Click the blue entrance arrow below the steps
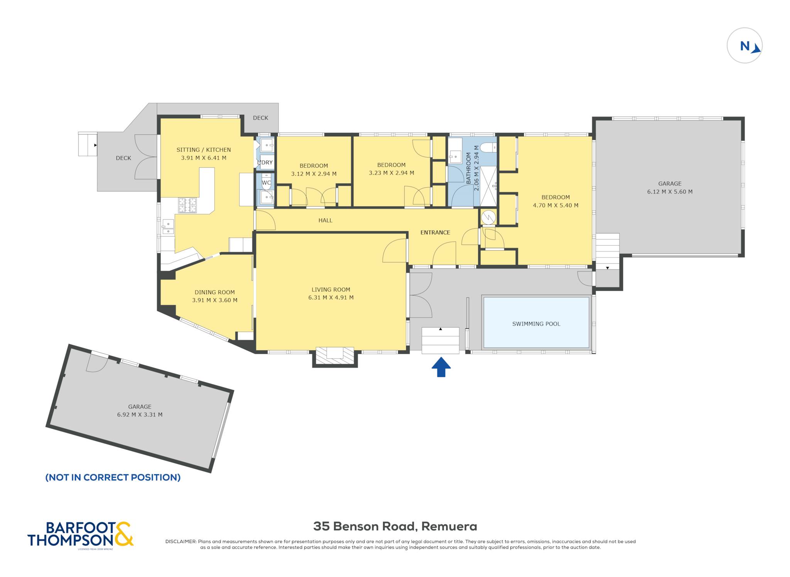point(441,367)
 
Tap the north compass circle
point(744,46)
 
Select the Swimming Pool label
point(536,324)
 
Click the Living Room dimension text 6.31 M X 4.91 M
point(331,297)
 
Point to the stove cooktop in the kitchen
point(187,205)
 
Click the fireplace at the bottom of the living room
point(335,356)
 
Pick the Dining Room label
point(214,292)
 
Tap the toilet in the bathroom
point(490,147)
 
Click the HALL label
point(325,220)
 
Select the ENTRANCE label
point(435,232)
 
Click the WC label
point(266,183)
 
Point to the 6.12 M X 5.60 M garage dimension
point(670,192)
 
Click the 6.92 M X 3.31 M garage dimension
point(140,414)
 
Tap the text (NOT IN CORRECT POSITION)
point(113,477)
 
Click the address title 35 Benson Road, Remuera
point(395,526)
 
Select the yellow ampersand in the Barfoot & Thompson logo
point(124,534)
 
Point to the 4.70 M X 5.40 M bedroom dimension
point(555,205)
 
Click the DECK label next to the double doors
point(123,158)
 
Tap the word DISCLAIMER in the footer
point(181,541)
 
